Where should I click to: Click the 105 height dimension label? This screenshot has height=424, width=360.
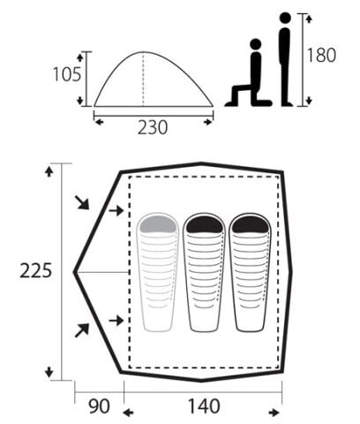coord(67,74)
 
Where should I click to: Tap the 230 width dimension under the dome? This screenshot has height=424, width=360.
coord(153,127)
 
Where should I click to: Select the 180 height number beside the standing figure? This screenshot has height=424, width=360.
coord(321,56)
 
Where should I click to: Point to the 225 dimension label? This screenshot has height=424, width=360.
coord(36,271)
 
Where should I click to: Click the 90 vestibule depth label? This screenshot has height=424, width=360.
coord(100,406)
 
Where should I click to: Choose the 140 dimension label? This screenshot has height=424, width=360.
coord(204,406)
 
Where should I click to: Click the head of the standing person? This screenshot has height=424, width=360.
coord(285,18)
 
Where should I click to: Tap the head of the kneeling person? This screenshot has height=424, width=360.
coord(255,44)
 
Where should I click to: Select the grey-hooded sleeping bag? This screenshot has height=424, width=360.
coord(158,271)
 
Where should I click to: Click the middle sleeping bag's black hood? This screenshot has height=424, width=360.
coord(204,225)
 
